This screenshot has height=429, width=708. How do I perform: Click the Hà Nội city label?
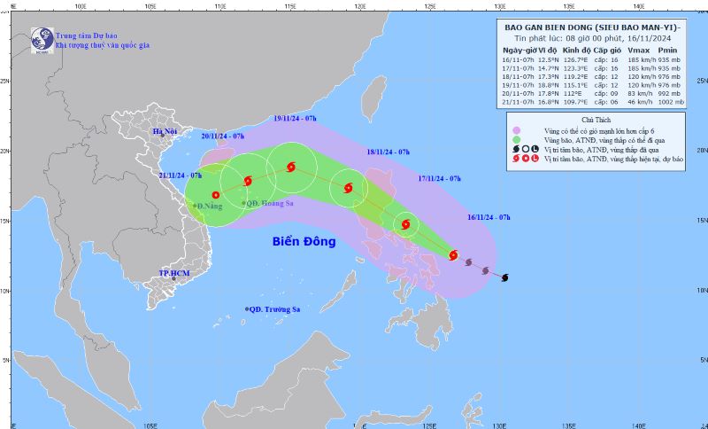[x=165, y=132]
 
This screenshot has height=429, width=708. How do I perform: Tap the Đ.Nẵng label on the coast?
[x=209, y=207]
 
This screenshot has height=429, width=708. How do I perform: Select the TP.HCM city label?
[x=176, y=273]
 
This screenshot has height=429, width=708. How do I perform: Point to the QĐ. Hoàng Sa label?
[x=271, y=203]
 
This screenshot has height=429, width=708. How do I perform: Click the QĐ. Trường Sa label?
[x=275, y=308]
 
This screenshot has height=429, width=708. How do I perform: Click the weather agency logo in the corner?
[x=42, y=38]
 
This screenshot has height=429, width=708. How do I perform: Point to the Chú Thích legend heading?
[x=593, y=119]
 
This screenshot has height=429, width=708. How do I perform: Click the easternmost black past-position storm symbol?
[x=505, y=278]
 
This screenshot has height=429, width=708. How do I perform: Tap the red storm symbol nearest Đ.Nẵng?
[x=215, y=195]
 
